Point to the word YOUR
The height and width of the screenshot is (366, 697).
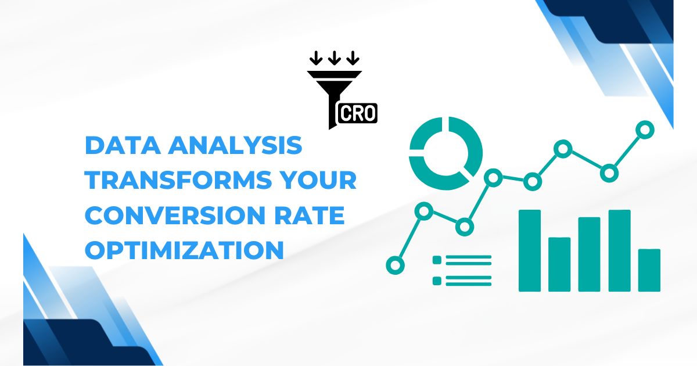tap(323, 180)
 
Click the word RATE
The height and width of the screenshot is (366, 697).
tap(314, 216)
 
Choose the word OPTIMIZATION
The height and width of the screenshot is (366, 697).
tap(184, 250)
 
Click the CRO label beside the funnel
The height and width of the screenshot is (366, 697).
tap(357, 113)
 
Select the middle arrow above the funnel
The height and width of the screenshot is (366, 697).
tap(334, 58)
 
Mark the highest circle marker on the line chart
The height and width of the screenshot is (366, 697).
tap(644, 130)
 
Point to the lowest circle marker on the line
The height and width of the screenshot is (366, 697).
tap(395, 265)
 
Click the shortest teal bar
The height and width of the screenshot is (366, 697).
tap(649, 270)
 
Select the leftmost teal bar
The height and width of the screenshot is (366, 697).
tap(529, 250)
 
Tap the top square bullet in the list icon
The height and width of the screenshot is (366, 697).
tap(437, 260)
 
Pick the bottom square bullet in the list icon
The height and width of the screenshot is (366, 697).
tap(437, 281)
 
